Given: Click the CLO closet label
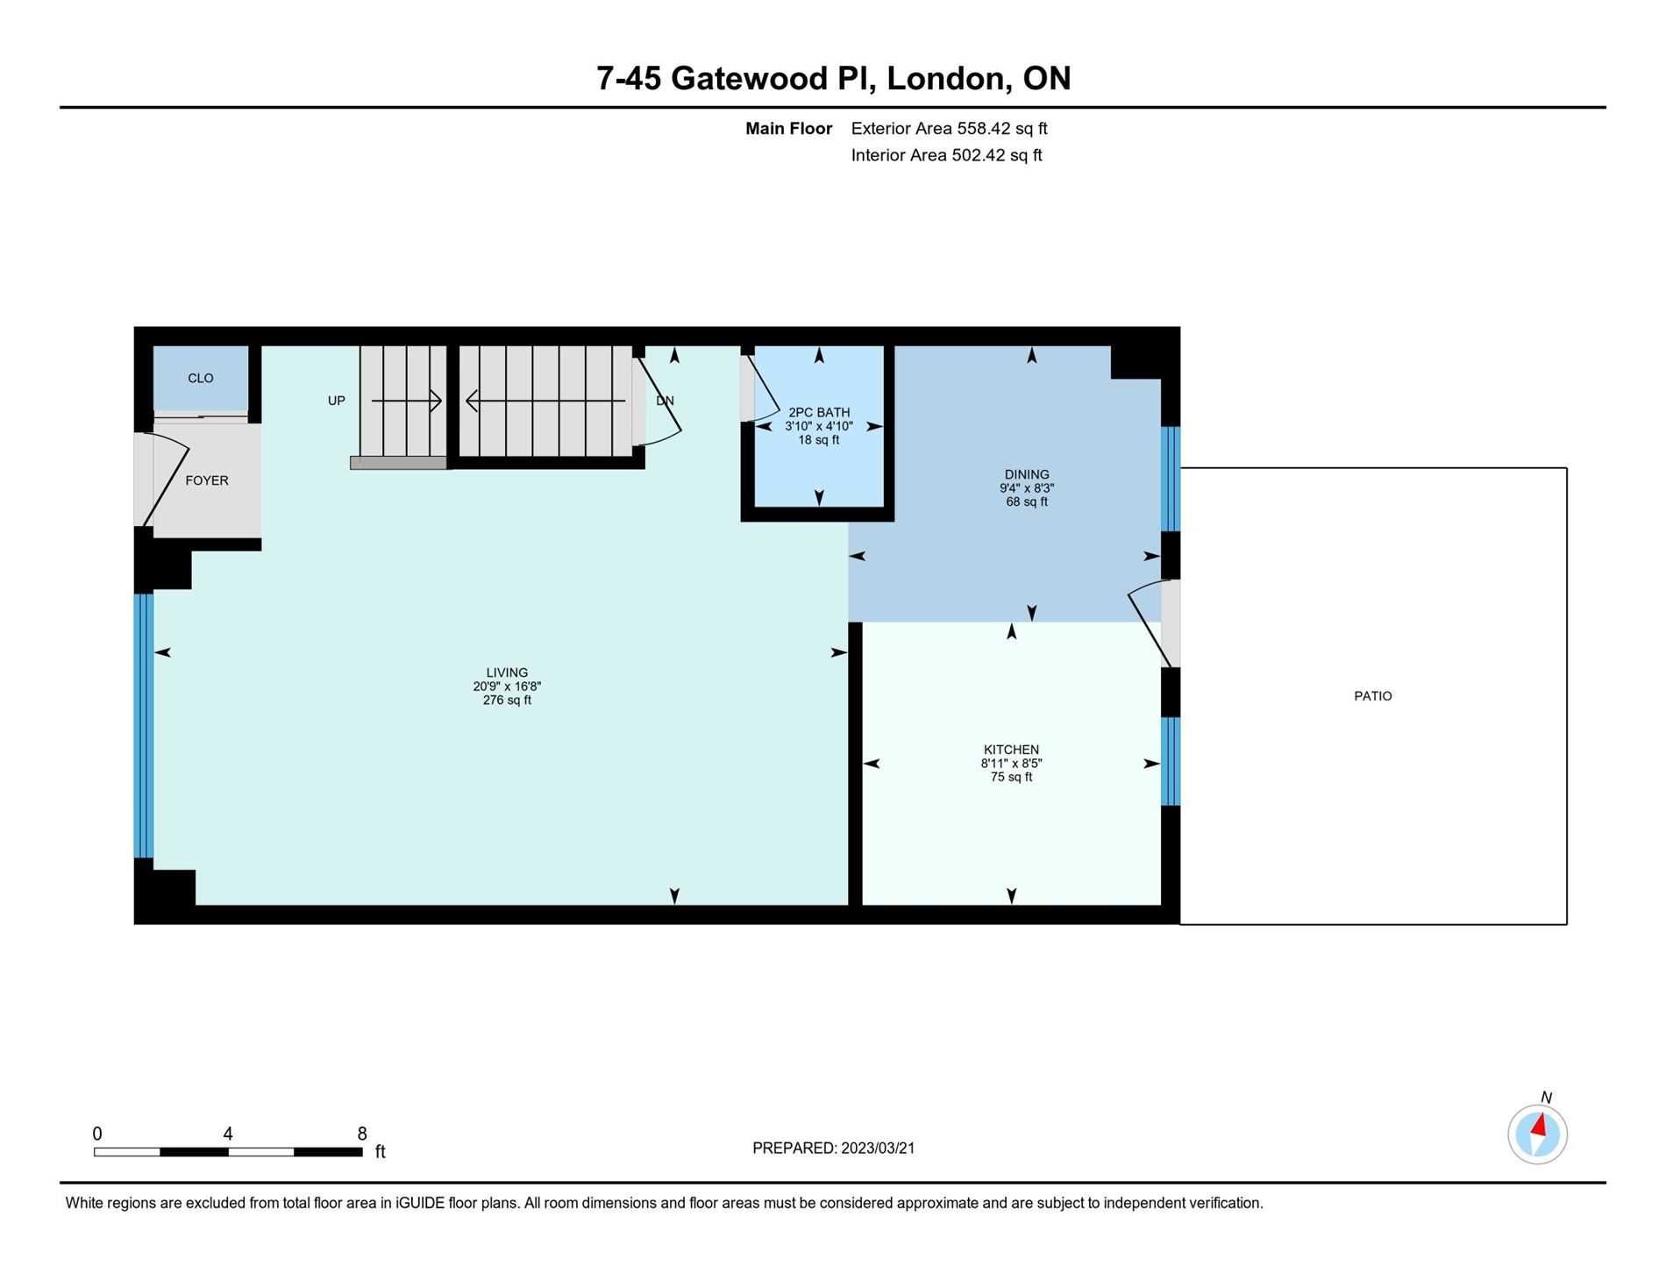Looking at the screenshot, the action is tap(201, 379).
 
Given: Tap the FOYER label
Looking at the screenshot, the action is tap(207, 480).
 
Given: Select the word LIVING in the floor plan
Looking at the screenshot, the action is tap(507, 673).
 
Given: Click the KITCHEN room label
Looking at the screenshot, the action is tap(1011, 750).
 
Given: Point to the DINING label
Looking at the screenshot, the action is tap(1027, 474).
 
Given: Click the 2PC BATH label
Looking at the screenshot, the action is tap(819, 412).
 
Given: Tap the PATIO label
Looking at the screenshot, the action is tap(1373, 696).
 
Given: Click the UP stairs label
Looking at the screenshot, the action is tap(337, 401).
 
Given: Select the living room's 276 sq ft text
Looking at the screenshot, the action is tap(507, 700).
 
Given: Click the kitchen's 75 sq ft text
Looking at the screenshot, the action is tap(1011, 777).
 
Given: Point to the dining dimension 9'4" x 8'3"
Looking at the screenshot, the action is tap(1027, 488).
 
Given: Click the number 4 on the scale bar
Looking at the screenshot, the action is tap(228, 1134).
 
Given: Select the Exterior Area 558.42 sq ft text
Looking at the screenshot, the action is tap(950, 128).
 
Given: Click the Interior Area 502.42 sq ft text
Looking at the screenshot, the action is tap(947, 155).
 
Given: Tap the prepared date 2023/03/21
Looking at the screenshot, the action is tap(878, 1148).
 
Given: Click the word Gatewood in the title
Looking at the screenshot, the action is tap(749, 78).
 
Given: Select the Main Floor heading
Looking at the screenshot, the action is tap(788, 128).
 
